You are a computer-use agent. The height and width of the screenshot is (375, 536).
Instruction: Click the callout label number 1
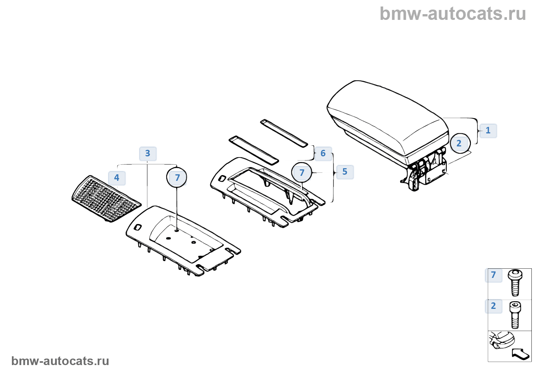click(x=488, y=130)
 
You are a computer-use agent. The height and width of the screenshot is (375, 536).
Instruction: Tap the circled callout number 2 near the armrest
click(x=459, y=143)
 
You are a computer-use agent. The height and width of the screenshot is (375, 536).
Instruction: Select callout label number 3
click(x=147, y=154)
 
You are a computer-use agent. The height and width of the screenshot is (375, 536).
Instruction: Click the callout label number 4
click(x=117, y=178)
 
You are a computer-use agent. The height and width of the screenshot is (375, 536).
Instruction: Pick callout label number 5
click(x=345, y=172)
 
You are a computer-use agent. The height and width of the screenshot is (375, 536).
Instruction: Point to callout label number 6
click(x=323, y=153)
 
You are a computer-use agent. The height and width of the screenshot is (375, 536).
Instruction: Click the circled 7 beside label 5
click(x=302, y=173)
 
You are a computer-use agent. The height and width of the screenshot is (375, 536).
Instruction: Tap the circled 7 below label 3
click(x=177, y=178)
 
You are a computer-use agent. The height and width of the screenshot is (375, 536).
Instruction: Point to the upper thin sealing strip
click(x=284, y=133)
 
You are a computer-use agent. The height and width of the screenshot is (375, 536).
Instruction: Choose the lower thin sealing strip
click(x=253, y=149)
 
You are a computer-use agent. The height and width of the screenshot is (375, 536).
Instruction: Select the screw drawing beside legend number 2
click(x=515, y=315)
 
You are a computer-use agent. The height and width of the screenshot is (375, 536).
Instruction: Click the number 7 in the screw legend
click(x=494, y=275)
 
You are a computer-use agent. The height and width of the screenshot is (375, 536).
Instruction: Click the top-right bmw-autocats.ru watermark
click(x=453, y=14)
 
